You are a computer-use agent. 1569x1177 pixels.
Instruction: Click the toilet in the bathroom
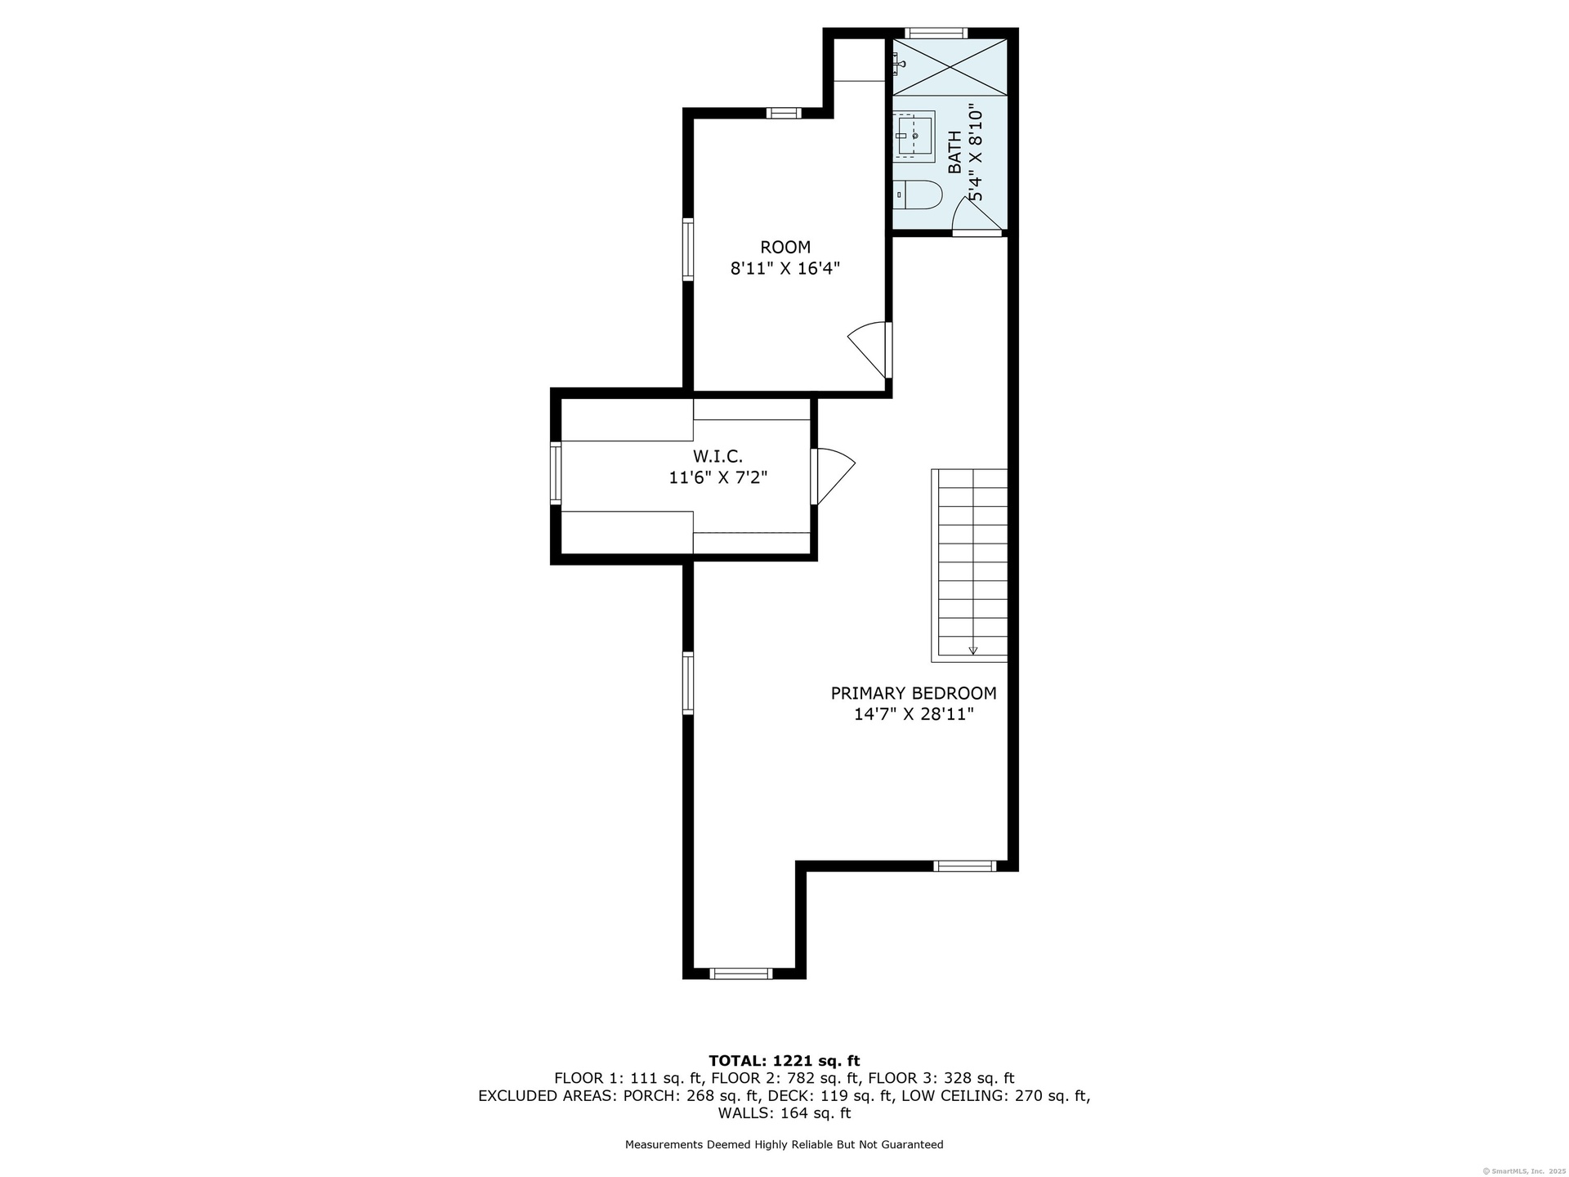(x=919, y=195)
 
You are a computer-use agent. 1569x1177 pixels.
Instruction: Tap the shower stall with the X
(x=950, y=66)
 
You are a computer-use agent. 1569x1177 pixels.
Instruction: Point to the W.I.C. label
(x=717, y=456)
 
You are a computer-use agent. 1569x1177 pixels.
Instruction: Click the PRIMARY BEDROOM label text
(x=914, y=693)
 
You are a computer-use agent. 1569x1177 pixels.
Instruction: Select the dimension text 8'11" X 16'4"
(x=785, y=268)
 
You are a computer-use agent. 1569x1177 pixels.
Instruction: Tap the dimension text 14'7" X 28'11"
(x=914, y=714)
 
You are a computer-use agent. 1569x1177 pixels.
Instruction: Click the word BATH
(x=954, y=152)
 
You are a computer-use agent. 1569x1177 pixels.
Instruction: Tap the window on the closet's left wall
(x=556, y=473)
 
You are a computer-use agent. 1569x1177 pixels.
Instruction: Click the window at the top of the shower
(x=936, y=34)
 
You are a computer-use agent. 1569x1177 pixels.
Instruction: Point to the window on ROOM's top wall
(x=784, y=113)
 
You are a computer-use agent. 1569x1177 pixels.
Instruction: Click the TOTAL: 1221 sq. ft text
(x=784, y=1061)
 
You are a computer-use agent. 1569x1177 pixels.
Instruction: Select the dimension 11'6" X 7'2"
(x=718, y=477)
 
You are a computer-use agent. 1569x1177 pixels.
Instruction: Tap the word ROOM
(x=785, y=247)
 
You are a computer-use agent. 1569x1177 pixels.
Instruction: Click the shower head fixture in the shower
(x=898, y=62)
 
